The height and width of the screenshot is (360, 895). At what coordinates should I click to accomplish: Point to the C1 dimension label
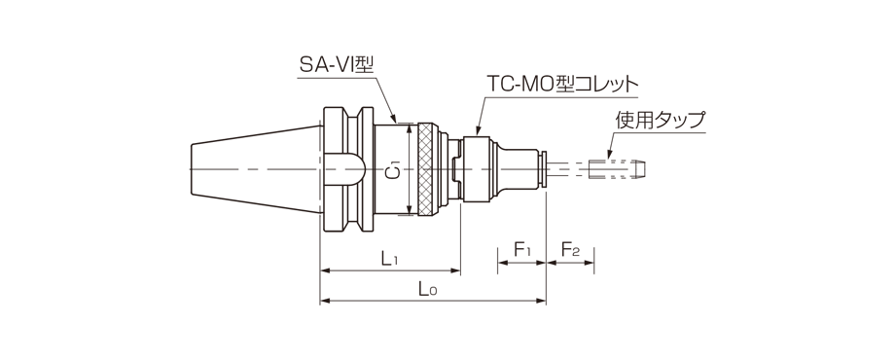[393, 171]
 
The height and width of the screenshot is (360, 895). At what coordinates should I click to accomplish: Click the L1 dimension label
[389, 258]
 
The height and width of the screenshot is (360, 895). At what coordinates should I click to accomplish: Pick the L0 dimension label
[427, 289]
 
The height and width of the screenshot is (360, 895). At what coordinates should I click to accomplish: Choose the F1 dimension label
[521, 252]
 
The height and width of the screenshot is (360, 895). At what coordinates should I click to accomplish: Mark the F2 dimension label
[570, 252]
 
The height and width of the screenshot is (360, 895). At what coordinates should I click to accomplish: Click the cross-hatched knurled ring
[427, 172]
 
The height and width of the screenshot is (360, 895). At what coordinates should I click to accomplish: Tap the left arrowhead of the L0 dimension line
[324, 301]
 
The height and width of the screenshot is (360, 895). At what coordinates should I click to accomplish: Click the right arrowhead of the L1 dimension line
[456, 270]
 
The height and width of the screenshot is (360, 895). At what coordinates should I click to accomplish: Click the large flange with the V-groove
[346, 171]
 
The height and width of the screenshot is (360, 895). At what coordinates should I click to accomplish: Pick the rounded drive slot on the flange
[343, 171]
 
